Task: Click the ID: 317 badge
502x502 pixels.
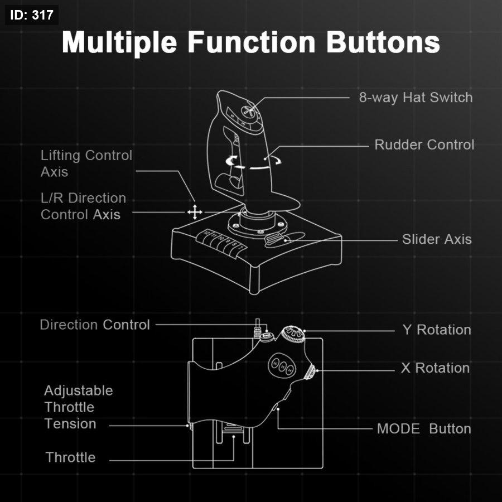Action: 32,15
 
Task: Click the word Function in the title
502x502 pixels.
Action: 252,42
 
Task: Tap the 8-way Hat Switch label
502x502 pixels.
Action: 416,97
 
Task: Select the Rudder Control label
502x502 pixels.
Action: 424,144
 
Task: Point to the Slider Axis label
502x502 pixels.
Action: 437,239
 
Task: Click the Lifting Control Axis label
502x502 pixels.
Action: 86,163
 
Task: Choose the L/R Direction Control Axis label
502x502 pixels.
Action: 83,206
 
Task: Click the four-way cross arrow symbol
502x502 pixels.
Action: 195,213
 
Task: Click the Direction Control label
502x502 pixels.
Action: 95,325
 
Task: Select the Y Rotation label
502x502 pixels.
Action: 437,330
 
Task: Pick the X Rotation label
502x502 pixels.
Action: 436,368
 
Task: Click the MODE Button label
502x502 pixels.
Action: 424,429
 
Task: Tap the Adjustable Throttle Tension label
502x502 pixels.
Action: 79,407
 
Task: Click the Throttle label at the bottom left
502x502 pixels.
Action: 70,457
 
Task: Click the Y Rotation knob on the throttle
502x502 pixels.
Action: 293,334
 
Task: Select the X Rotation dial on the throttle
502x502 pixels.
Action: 310,372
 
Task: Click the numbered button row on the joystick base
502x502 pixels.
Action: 221,243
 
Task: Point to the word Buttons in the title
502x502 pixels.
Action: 383,42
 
